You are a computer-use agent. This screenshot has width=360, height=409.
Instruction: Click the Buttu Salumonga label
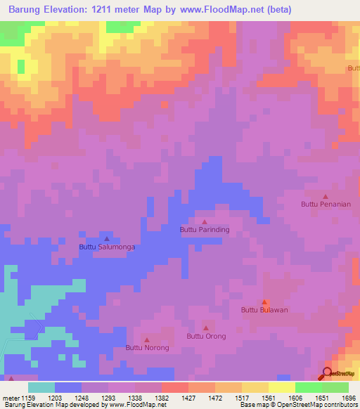pyautogui.click(x=107, y=247)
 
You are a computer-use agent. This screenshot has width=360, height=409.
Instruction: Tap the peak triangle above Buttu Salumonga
pyautogui.click(x=107, y=239)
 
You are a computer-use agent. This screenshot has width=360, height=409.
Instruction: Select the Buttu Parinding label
pyautogui.click(x=205, y=229)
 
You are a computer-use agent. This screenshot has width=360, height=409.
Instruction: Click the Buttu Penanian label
pyautogui.click(x=325, y=204)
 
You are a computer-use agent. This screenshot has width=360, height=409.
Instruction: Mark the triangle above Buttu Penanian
pyautogui.click(x=325, y=196)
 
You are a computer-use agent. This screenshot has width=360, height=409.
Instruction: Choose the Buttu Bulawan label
pyautogui.click(x=265, y=309)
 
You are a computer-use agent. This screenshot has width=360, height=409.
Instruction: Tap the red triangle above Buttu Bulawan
pyautogui.click(x=264, y=301)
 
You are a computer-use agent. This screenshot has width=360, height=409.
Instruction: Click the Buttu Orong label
pyautogui.click(x=206, y=336)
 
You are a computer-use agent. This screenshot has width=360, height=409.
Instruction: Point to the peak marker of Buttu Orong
pyautogui.click(x=206, y=327)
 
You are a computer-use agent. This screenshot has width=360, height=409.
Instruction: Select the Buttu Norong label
pyautogui.click(x=147, y=347)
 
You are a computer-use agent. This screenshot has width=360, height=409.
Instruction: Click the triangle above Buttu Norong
pyautogui.click(x=146, y=339)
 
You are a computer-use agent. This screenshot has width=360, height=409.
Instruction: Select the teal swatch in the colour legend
pyautogui.click(x=41, y=387)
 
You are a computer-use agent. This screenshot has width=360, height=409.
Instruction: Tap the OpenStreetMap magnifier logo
pyautogui.click(x=328, y=374)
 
